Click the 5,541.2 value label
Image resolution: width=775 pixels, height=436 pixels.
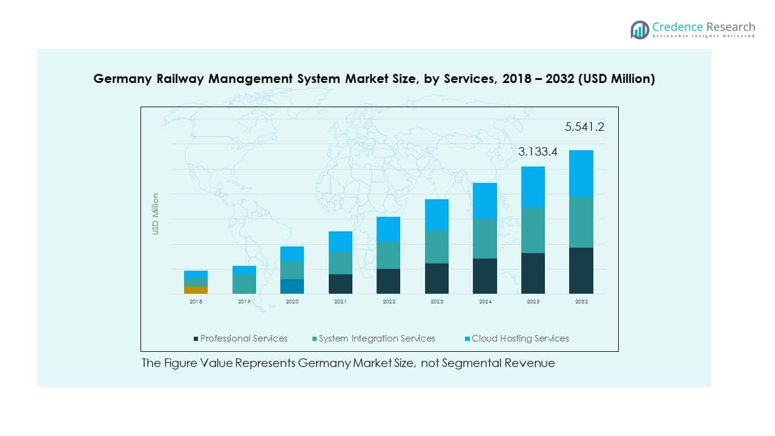point(584,127)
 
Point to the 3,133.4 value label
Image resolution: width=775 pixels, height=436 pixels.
point(538,153)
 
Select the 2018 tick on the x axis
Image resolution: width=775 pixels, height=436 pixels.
point(196,302)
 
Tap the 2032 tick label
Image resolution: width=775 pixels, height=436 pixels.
point(581,302)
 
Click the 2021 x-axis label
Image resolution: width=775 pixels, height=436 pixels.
point(340,302)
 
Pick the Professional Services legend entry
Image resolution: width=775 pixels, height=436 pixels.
point(240,339)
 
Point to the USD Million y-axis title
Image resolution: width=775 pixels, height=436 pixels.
point(156,214)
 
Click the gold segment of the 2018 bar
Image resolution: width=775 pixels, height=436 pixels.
point(196,290)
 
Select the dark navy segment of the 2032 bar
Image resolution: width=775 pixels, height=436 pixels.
point(581,271)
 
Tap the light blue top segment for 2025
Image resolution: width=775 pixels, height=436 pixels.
point(533,187)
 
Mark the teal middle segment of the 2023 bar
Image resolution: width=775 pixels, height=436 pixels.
point(437,246)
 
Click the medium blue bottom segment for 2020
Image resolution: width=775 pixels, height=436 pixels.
point(292,286)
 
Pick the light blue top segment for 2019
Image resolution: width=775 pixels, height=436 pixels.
point(244,270)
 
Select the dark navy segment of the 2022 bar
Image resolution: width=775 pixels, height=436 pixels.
point(388,282)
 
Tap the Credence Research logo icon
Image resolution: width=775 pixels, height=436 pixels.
point(639,29)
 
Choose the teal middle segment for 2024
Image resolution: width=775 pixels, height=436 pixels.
point(484,239)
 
